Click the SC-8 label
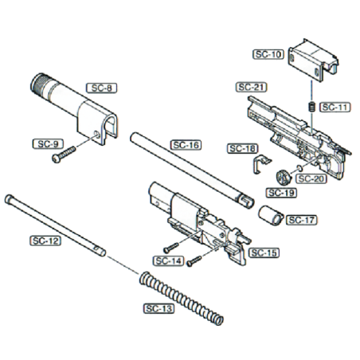tap(101, 88)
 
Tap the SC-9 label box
tap(45, 144)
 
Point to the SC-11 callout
tap(333, 106)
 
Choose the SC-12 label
tap(46, 241)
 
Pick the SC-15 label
tap(262, 252)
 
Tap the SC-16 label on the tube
tap(186, 146)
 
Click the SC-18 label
tap(241, 148)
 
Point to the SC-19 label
tap(280, 193)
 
